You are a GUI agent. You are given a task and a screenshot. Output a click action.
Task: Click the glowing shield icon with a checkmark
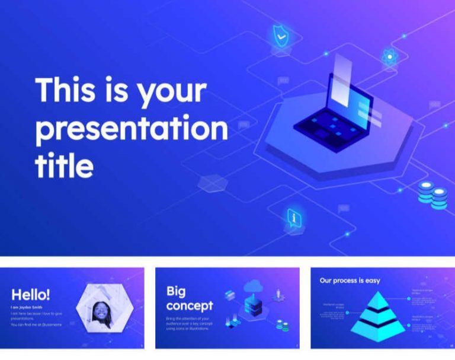point(281,36)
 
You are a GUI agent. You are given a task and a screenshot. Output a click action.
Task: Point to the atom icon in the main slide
point(389,58)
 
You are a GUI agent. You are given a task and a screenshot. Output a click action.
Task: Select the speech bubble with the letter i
point(294,218)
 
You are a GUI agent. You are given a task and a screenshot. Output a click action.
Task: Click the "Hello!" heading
point(31,294)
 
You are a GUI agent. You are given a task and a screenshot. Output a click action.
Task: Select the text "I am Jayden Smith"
point(27,307)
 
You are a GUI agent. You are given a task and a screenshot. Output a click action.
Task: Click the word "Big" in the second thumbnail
point(176,291)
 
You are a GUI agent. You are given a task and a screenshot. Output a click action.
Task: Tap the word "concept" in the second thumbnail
point(189,305)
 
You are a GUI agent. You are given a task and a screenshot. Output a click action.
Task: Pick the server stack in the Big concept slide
point(253,306)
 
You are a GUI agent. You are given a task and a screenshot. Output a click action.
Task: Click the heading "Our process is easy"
point(350,281)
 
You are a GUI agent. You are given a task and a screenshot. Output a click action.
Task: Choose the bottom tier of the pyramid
point(374,326)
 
